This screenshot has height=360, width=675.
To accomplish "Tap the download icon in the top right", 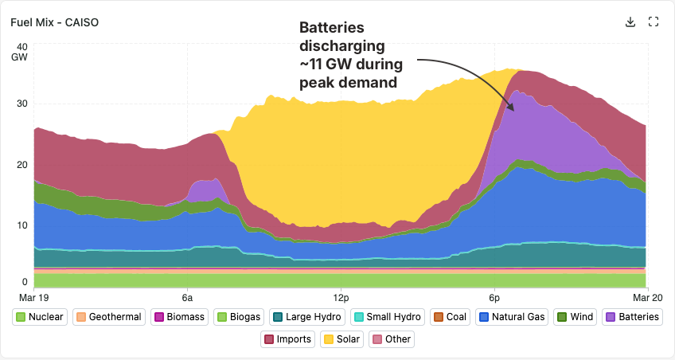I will point(630,22).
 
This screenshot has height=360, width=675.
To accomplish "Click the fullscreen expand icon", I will point(654,22).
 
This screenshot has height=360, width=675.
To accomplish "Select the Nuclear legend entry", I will point(40,317).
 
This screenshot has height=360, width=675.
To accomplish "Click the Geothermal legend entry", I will point(108,317).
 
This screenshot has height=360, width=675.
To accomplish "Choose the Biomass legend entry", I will point(180,317).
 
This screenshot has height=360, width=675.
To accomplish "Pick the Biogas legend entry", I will point(239,317).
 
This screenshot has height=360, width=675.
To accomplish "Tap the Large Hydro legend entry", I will point(307,317).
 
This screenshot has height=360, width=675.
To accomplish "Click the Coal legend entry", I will point(450,317).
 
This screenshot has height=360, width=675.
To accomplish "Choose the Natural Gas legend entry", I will point(513,317).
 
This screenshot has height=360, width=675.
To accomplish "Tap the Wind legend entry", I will point(576,317).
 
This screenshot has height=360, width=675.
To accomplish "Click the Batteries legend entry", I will point(632,317).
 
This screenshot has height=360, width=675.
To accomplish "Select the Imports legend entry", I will point(288,339).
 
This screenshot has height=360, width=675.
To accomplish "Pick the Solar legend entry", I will point(342,339).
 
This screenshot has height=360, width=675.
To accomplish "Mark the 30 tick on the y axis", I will point(23,104).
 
